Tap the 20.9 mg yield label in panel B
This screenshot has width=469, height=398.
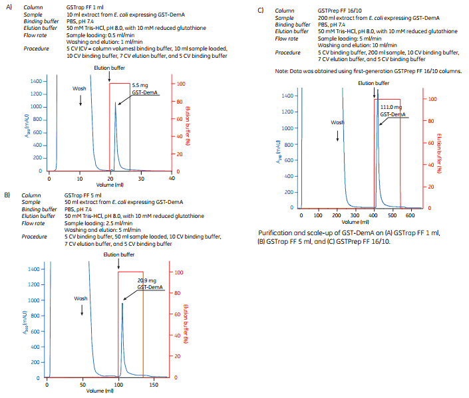[x=147, y=280]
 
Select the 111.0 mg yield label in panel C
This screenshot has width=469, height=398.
[x=391, y=107]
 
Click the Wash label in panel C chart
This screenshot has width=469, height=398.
[x=338, y=122]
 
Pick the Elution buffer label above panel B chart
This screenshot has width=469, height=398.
[x=118, y=254]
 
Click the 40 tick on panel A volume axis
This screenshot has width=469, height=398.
[x=172, y=178]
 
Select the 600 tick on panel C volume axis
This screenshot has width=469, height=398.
[x=410, y=216]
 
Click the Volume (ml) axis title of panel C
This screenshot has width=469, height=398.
[x=359, y=222]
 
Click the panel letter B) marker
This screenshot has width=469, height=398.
[x=7, y=194]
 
